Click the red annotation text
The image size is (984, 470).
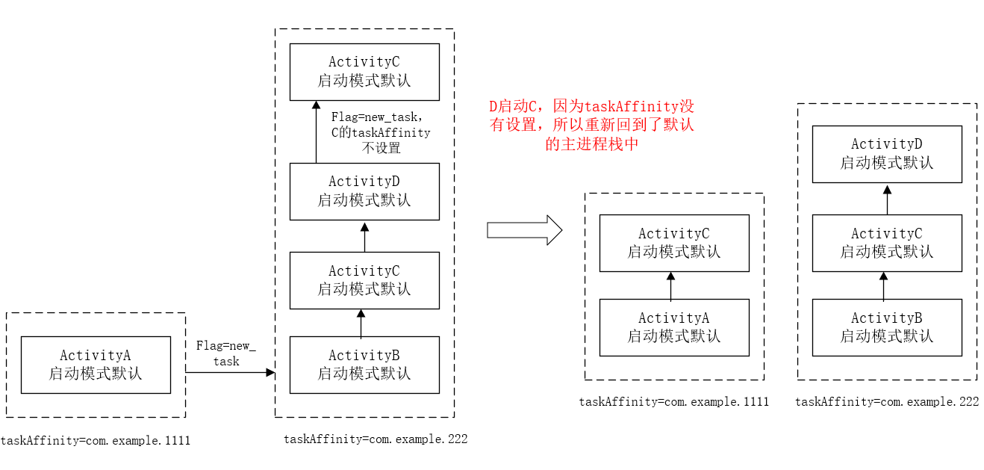[x=591, y=126]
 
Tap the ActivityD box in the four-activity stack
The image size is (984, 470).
[x=364, y=191]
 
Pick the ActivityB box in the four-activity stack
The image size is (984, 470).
[x=364, y=365]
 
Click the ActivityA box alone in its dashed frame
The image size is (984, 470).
[x=96, y=365]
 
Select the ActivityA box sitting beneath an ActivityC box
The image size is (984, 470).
[x=674, y=327]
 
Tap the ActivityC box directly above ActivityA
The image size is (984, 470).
[x=674, y=243]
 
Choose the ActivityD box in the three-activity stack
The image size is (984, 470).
[x=887, y=154]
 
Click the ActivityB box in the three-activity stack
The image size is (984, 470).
[x=887, y=327]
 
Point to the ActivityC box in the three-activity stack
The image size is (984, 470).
[x=887, y=243]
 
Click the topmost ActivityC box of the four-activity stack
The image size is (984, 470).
[x=364, y=72]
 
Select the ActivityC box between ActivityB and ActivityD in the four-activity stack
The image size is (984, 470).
[x=364, y=280]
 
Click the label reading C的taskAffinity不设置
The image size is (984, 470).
[x=381, y=133]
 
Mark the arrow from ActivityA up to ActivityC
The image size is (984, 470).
[x=670, y=285]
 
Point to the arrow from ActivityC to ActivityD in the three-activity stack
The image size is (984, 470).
[x=887, y=199]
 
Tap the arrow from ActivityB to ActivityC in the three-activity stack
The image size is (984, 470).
[x=883, y=285]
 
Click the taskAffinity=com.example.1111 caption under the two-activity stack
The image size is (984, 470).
[x=673, y=402]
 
